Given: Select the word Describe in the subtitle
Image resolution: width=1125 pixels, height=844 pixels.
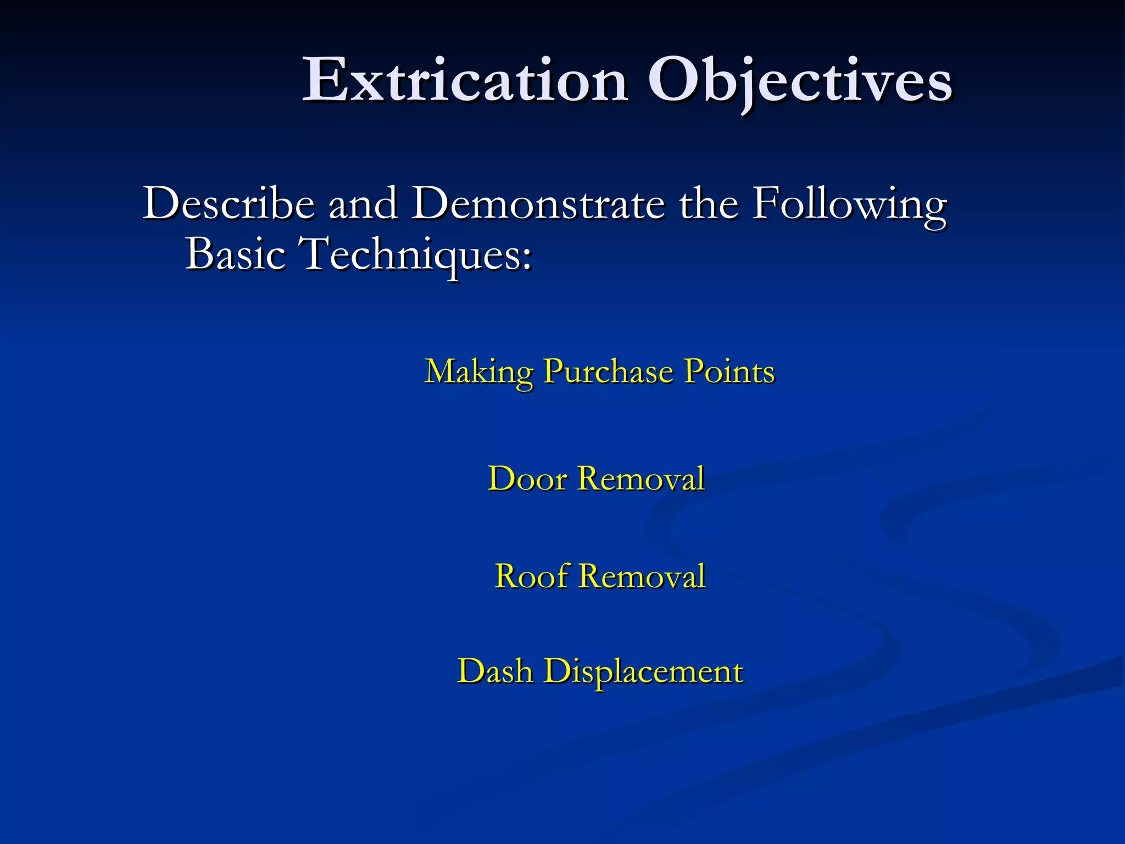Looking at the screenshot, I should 229,203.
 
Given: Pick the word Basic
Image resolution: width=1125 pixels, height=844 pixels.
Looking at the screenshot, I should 236,253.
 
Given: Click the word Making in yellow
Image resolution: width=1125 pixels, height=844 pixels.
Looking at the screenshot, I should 478,372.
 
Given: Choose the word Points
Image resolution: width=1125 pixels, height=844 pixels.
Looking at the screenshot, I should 729,371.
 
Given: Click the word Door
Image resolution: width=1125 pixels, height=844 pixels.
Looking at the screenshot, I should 527,478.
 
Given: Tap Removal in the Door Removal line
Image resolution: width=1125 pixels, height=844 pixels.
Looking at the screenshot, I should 642,478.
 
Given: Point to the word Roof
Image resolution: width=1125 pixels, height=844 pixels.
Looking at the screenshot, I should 531,576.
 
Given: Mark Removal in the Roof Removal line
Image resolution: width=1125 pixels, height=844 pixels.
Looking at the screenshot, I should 642,576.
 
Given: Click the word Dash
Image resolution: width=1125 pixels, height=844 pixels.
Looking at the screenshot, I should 495,671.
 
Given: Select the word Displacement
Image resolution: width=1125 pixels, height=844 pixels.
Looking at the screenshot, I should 644,672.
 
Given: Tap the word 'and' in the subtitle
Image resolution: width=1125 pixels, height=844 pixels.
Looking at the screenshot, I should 363,203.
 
